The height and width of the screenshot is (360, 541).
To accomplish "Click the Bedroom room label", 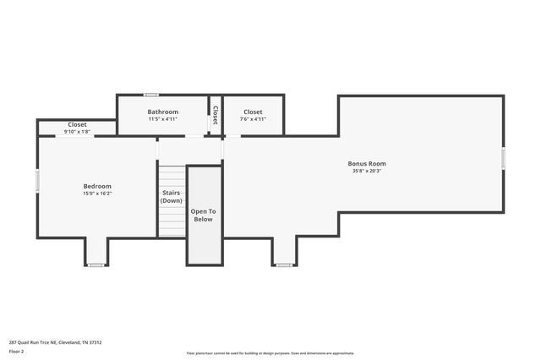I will pyautogui.click(x=96, y=186).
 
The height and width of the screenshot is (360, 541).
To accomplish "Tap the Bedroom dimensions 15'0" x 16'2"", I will pyautogui.click(x=96, y=194).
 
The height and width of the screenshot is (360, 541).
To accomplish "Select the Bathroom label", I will pyautogui.click(x=162, y=112).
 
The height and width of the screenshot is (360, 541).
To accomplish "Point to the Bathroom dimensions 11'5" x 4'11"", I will pyautogui.click(x=162, y=119).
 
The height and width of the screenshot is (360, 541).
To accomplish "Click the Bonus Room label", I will pyautogui.click(x=367, y=163).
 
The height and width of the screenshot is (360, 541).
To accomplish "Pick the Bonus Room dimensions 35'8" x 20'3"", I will pyautogui.click(x=367, y=171).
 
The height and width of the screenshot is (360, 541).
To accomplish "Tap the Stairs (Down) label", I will pyautogui.click(x=172, y=197).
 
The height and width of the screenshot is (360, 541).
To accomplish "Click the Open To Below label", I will pyautogui.click(x=203, y=215).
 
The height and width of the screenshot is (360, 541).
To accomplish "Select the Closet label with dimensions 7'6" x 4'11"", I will pyautogui.click(x=253, y=112).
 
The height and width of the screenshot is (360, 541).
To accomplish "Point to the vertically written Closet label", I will pyautogui.click(x=216, y=115).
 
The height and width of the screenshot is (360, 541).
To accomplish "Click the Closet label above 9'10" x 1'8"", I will pyautogui.click(x=77, y=124).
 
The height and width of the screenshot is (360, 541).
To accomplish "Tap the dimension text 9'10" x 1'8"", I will pyautogui.click(x=77, y=132).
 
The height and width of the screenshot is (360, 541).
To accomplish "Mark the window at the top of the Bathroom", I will pyautogui.click(x=151, y=95).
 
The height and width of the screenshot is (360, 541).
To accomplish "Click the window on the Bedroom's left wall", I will pyautogui.click(x=37, y=180).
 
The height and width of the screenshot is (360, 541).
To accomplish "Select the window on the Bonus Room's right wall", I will pyautogui.click(x=504, y=158).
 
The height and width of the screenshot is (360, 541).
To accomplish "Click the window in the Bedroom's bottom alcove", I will pyautogui.click(x=96, y=265).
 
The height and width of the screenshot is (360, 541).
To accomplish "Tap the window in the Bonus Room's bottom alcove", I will pyautogui.click(x=284, y=265).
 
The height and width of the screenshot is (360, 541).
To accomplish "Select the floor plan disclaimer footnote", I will pyautogui.click(x=270, y=353).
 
